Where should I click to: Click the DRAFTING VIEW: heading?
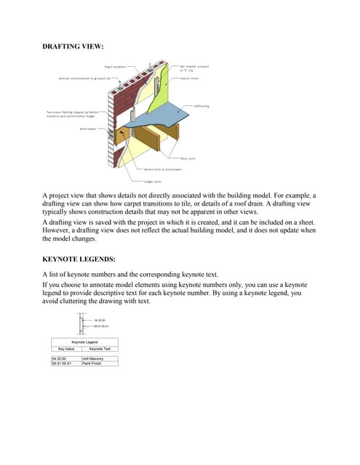click(73, 46)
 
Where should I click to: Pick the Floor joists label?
click(188, 158)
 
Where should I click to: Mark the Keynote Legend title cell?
click(85, 341)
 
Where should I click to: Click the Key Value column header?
click(65, 349)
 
